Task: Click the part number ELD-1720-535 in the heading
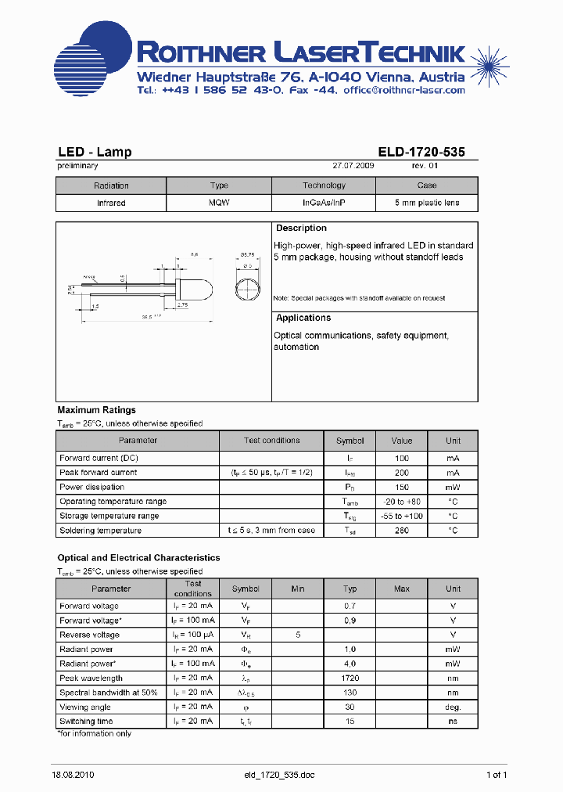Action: click(421, 152)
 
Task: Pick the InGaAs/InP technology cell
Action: click(324, 203)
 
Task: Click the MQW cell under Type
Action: click(219, 203)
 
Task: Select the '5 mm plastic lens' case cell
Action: click(426, 203)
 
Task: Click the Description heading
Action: click(301, 229)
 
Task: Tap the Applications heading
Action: click(303, 318)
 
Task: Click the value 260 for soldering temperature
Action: click(402, 531)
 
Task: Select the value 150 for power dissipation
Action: click(402, 487)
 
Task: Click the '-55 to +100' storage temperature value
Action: click(402, 516)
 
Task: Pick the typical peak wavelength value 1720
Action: click(350, 678)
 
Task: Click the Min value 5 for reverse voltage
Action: click(298, 635)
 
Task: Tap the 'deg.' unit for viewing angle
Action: click(454, 707)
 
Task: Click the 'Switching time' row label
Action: click(86, 722)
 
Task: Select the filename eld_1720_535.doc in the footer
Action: click(279, 775)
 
